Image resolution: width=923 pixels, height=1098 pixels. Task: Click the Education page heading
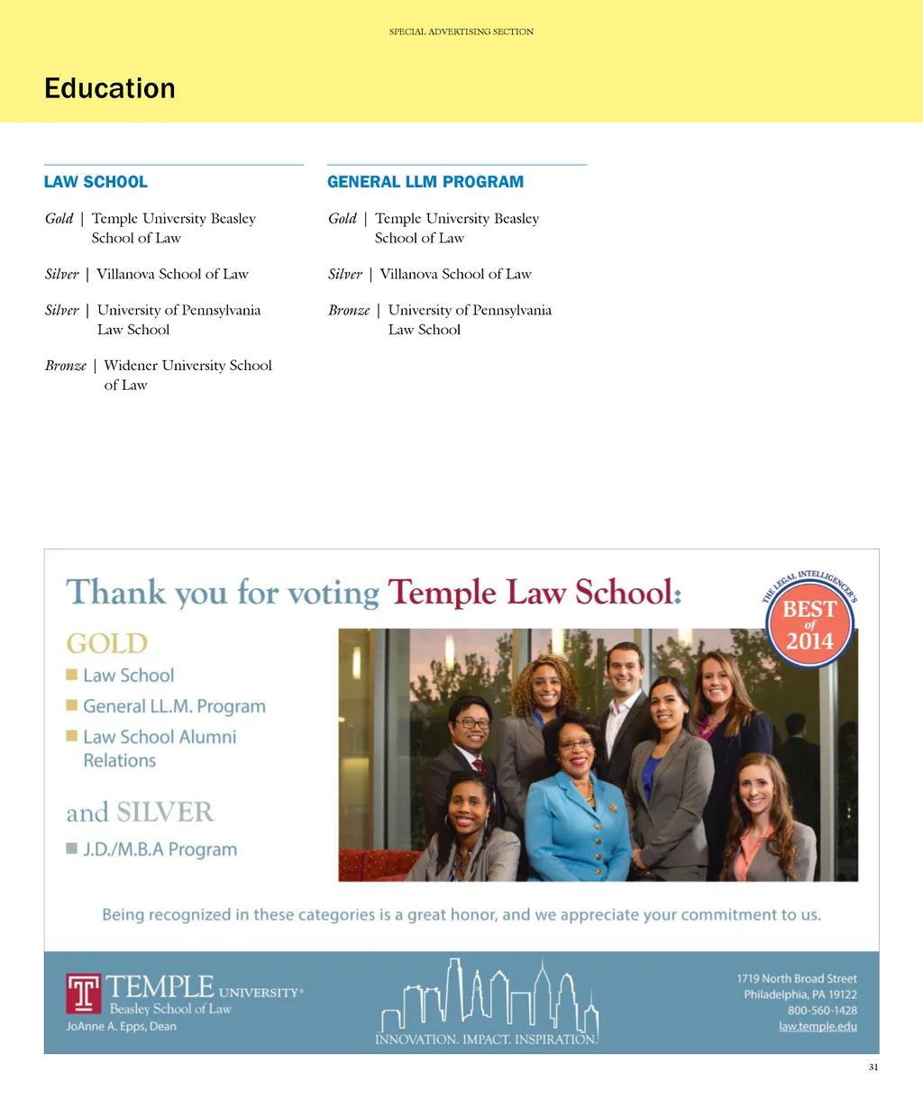[x=110, y=88]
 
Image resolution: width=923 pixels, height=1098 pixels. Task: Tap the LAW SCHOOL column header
[x=96, y=182]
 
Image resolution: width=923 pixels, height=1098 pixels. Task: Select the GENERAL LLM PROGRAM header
[x=425, y=182]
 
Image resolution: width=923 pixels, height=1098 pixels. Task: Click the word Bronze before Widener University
[x=66, y=366]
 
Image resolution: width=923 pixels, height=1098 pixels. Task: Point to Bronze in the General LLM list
[x=349, y=310]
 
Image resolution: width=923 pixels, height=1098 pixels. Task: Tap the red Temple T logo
[x=84, y=993]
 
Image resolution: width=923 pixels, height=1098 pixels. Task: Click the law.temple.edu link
[x=818, y=1026]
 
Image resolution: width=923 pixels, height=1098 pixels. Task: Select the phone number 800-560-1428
[x=822, y=1011]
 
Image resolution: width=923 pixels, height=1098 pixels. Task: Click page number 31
[x=873, y=1067]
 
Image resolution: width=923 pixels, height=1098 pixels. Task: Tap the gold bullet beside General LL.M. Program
[x=71, y=705]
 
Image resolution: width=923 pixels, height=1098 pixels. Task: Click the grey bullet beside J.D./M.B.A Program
[x=71, y=848]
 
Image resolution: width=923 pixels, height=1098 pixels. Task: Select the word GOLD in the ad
[x=106, y=643]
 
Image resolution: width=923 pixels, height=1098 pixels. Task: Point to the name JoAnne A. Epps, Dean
[x=121, y=1026]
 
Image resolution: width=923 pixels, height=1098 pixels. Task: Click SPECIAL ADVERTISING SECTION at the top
[x=461, y=32]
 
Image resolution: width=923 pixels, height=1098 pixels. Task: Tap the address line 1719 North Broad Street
[x=797, y=978]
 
